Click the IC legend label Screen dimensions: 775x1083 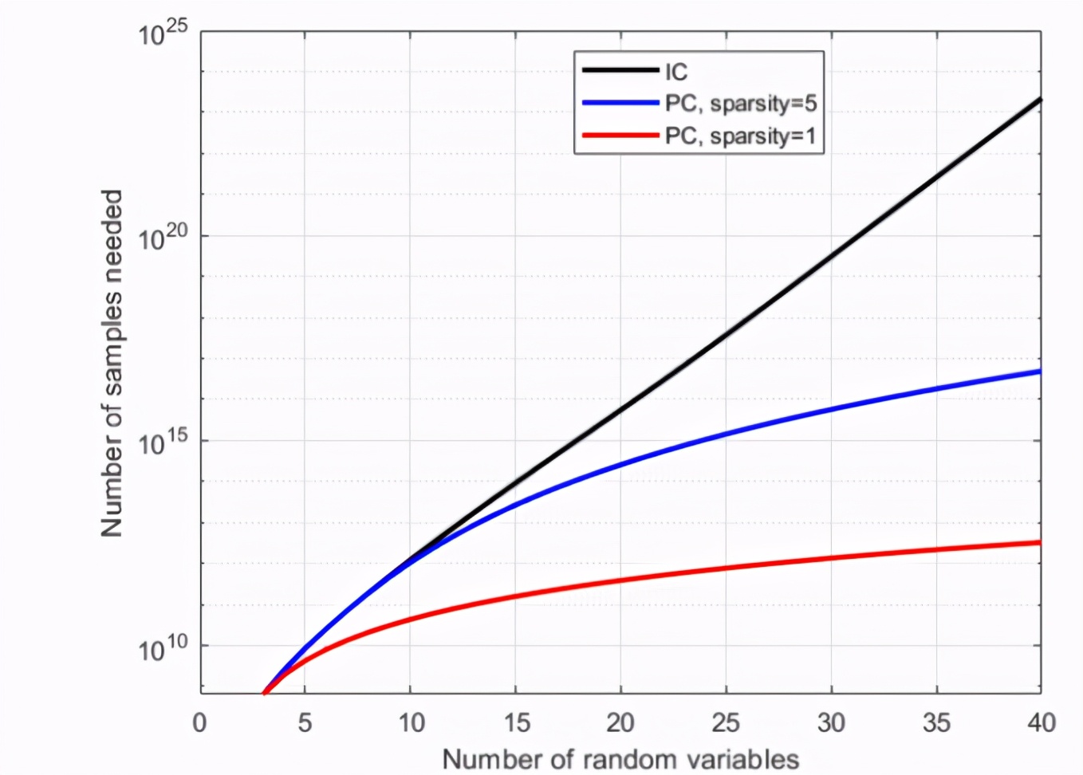pyautogui.click(x=676, y=73)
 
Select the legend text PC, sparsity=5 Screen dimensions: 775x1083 pyautogui.click(x=741, y=104)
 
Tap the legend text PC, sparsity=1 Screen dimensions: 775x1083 pyautogui.click(x=741, y=136)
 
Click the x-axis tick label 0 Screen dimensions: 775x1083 pyautogui.click(x=199, y=723)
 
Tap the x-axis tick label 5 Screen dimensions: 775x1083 pyautogui.click(x=305, y=723)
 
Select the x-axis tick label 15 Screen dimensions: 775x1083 pyautogui.click(x=516, y=723)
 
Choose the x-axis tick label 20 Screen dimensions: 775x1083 pyautogui.click(x=620, y=723)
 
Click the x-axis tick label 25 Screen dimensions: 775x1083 pyautogui.click(x=726, y=723)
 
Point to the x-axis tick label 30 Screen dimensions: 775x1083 pyautogui.click(x=831, y=723)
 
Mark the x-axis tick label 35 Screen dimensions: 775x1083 pyautogui.click(x=936, y=723)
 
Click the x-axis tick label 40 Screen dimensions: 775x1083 pyautogui.click(x=1041, y=723)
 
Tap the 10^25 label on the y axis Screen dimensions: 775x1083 pyautogui.click(x=163, y=33)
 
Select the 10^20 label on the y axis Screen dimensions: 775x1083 pyautogui.click(x=163, y=238)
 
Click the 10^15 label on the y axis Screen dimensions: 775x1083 pyautogui.click(x=163, y=443)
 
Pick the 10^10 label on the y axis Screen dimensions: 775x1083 pyautogui.click(x=163, y=648)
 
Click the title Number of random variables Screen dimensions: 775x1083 pyautogui.click(x=620, y=759)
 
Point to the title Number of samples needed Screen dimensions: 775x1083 pyautogui.click(x=112, y=363)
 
